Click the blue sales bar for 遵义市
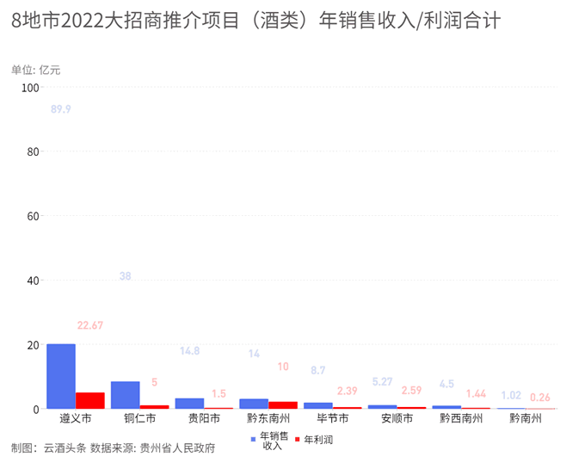[x=61, y=376]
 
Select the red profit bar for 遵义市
[x=90, y=400]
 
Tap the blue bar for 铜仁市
[x=126, y=395]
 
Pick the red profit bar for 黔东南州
[x=283, y=405]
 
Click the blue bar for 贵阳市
[x=189, y=404]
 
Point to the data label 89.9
[x=61, y=109]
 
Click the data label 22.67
[x=90, y=325]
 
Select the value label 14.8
[x=189, y=351]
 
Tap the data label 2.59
[x=411, y=390]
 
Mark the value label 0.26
[x=540, y=398]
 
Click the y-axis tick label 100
[x=31, y=88]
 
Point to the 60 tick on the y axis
[x=34, y=216]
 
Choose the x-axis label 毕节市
[x=333, y=418]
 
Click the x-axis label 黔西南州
[x=461, y=418]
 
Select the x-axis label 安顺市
[x=397, y=418]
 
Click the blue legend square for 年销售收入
[x=253, y=439]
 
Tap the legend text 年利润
[x=318, y=440]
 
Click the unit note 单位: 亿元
[x=36, y=70]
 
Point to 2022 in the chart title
[x=82, y=20]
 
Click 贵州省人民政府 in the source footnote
[x=177, y=448]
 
